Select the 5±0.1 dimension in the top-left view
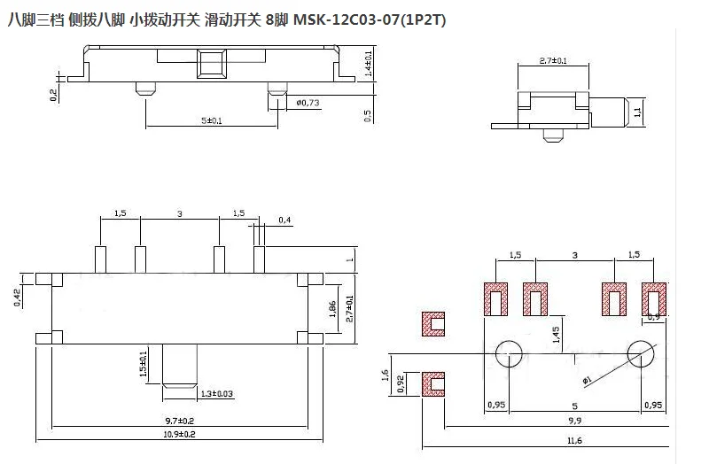click(212, 120)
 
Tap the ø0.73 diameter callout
click(306, 103)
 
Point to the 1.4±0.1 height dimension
click(368, 64)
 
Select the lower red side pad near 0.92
click(433, 383)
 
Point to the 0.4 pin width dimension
click(283, 220)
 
